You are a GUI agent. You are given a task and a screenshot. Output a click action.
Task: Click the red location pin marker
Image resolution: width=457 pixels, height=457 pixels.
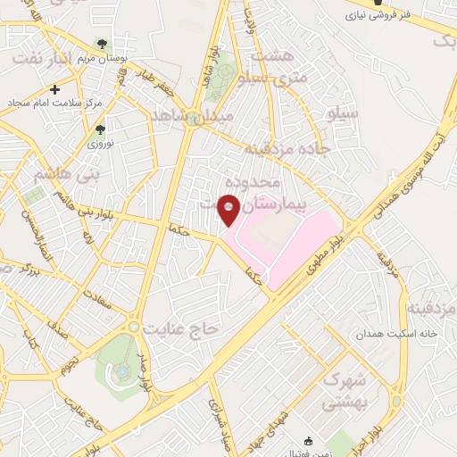point(229,209)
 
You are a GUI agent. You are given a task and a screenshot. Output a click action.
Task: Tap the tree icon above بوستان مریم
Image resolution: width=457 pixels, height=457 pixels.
point(103,43)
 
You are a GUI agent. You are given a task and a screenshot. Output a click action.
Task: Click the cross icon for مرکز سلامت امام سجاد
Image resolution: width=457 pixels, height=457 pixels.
point(55,89)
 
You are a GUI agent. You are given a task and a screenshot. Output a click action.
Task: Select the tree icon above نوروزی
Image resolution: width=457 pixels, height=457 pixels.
point(99,129)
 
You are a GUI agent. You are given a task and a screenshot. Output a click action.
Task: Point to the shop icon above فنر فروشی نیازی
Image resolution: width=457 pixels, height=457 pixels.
point(378,3)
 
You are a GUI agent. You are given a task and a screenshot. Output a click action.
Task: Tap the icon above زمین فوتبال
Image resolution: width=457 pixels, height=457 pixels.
point(309,440)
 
